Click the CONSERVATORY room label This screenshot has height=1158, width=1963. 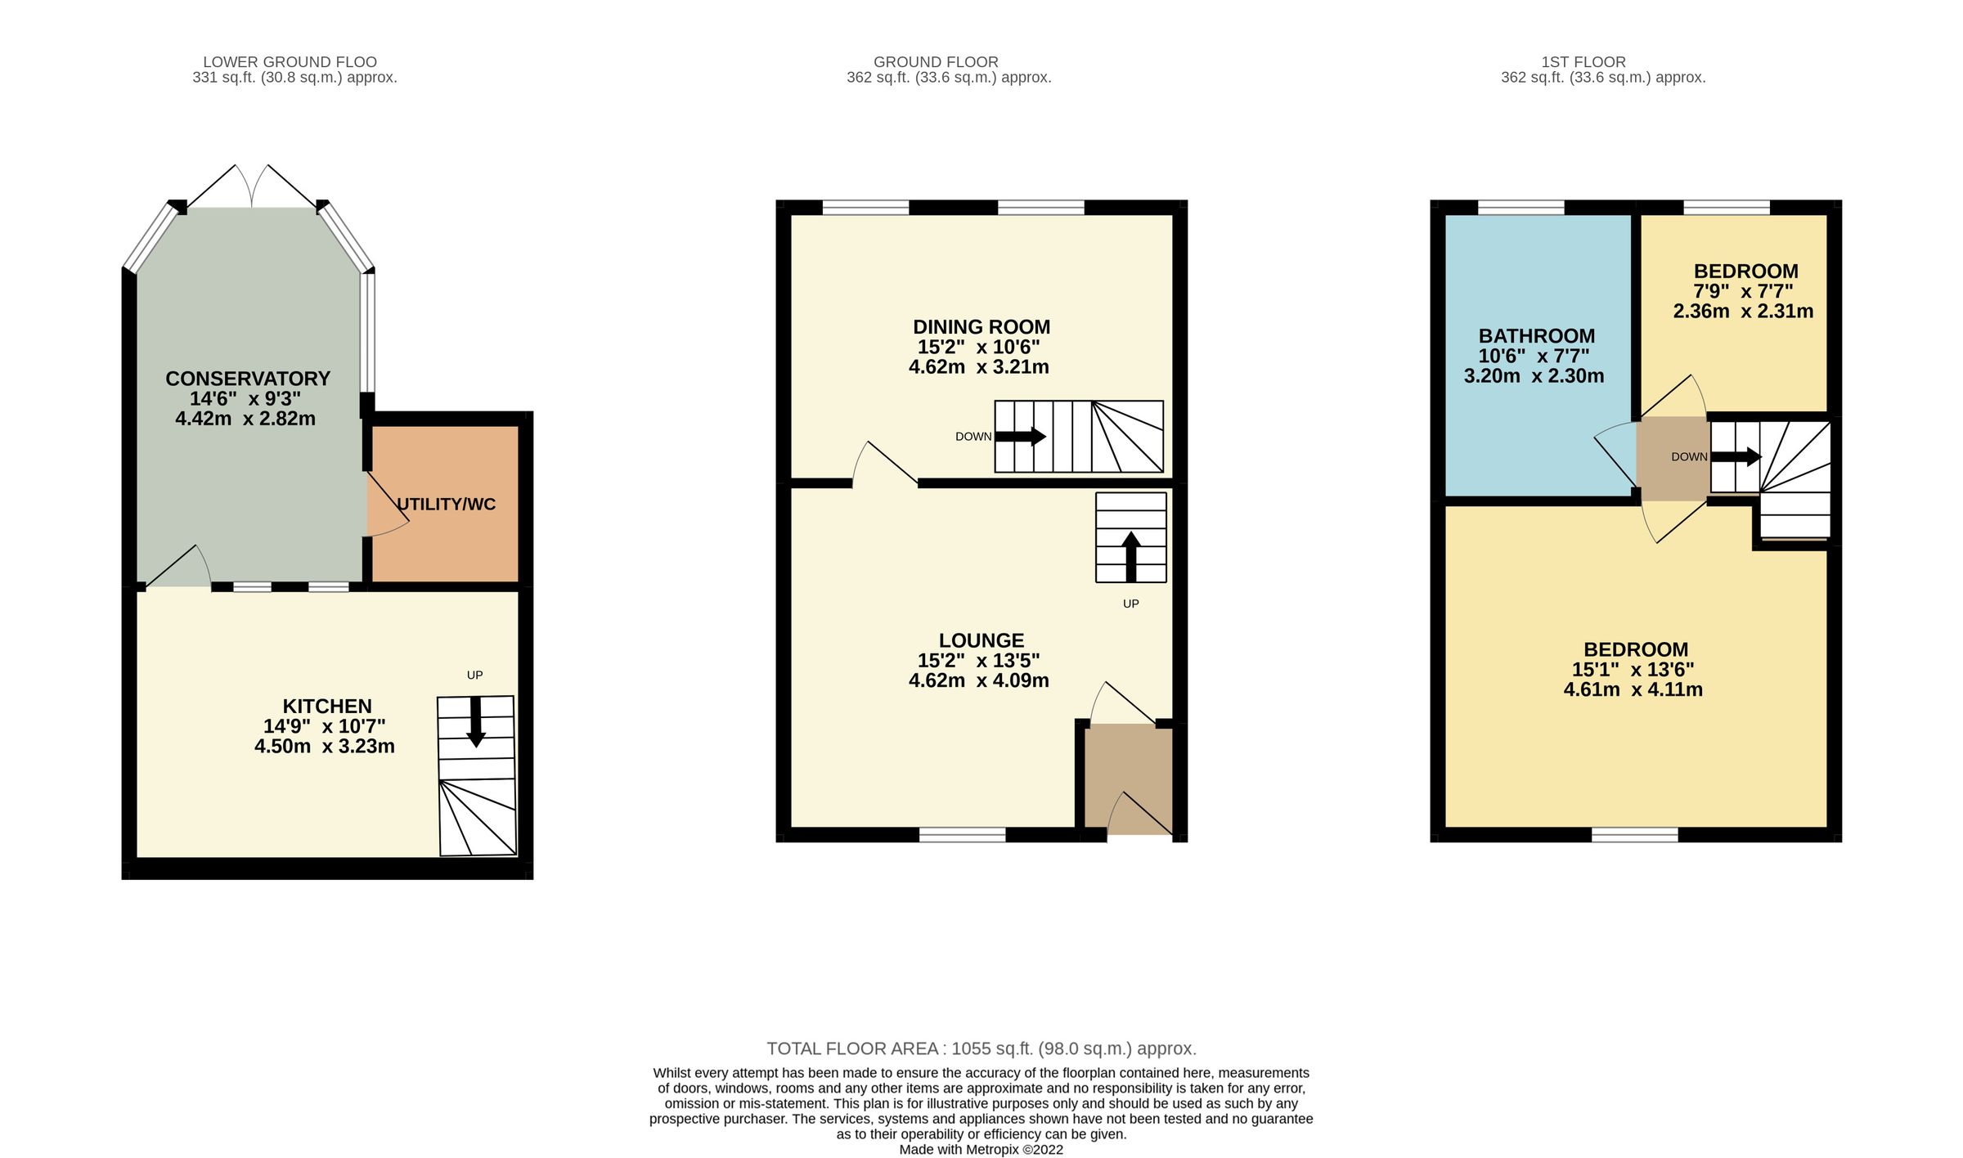pyautogui.click(x=248, y=379)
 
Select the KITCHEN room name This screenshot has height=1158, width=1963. pyautogui.click(x=327, y=706)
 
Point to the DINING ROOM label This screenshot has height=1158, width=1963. pyautogui.click(x=981, y=327)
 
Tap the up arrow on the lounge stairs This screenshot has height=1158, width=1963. pyautogui.click(x=1131, y=556)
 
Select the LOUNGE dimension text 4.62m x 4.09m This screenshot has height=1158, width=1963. pyautogui.click(x=979, y=680)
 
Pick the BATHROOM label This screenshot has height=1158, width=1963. pyautogui.click(x=1537, y=336)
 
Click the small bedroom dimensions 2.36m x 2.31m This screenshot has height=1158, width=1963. pyautogui.click(x=1743, y=312)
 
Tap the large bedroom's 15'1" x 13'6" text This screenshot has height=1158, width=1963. pyautogui.click(x=1633, y=669)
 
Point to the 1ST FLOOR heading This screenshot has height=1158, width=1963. pyautogui.click(x=1583, y=62)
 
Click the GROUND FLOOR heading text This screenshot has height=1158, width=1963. pyautogui.click(x=936, y=62)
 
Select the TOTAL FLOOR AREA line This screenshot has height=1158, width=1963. pyautogui.click(x=981, y=1048)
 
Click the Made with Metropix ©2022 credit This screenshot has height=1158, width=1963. pyautogui.click(x=981, y=1149)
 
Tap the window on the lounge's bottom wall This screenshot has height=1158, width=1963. pyautogui.click(x=963, y=834)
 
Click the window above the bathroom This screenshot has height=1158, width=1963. pyautogui.click(x=1521, y=208)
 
